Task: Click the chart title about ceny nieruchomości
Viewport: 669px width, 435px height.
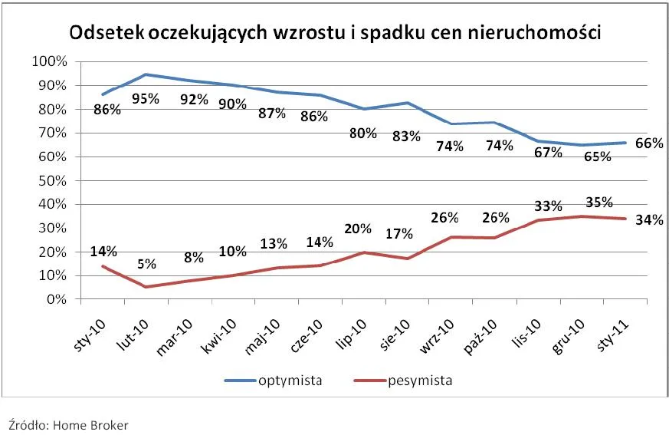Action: (x=335, y=34)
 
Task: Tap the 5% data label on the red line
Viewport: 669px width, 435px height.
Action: (x=146, y=264)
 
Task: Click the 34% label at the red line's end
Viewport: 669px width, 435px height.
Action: (x=650, y=221)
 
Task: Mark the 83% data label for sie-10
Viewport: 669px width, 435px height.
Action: (x=406, y=137)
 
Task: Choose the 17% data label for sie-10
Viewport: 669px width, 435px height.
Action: (x=399, y=233)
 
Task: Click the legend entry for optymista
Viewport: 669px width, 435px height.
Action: (x=272, y=380)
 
